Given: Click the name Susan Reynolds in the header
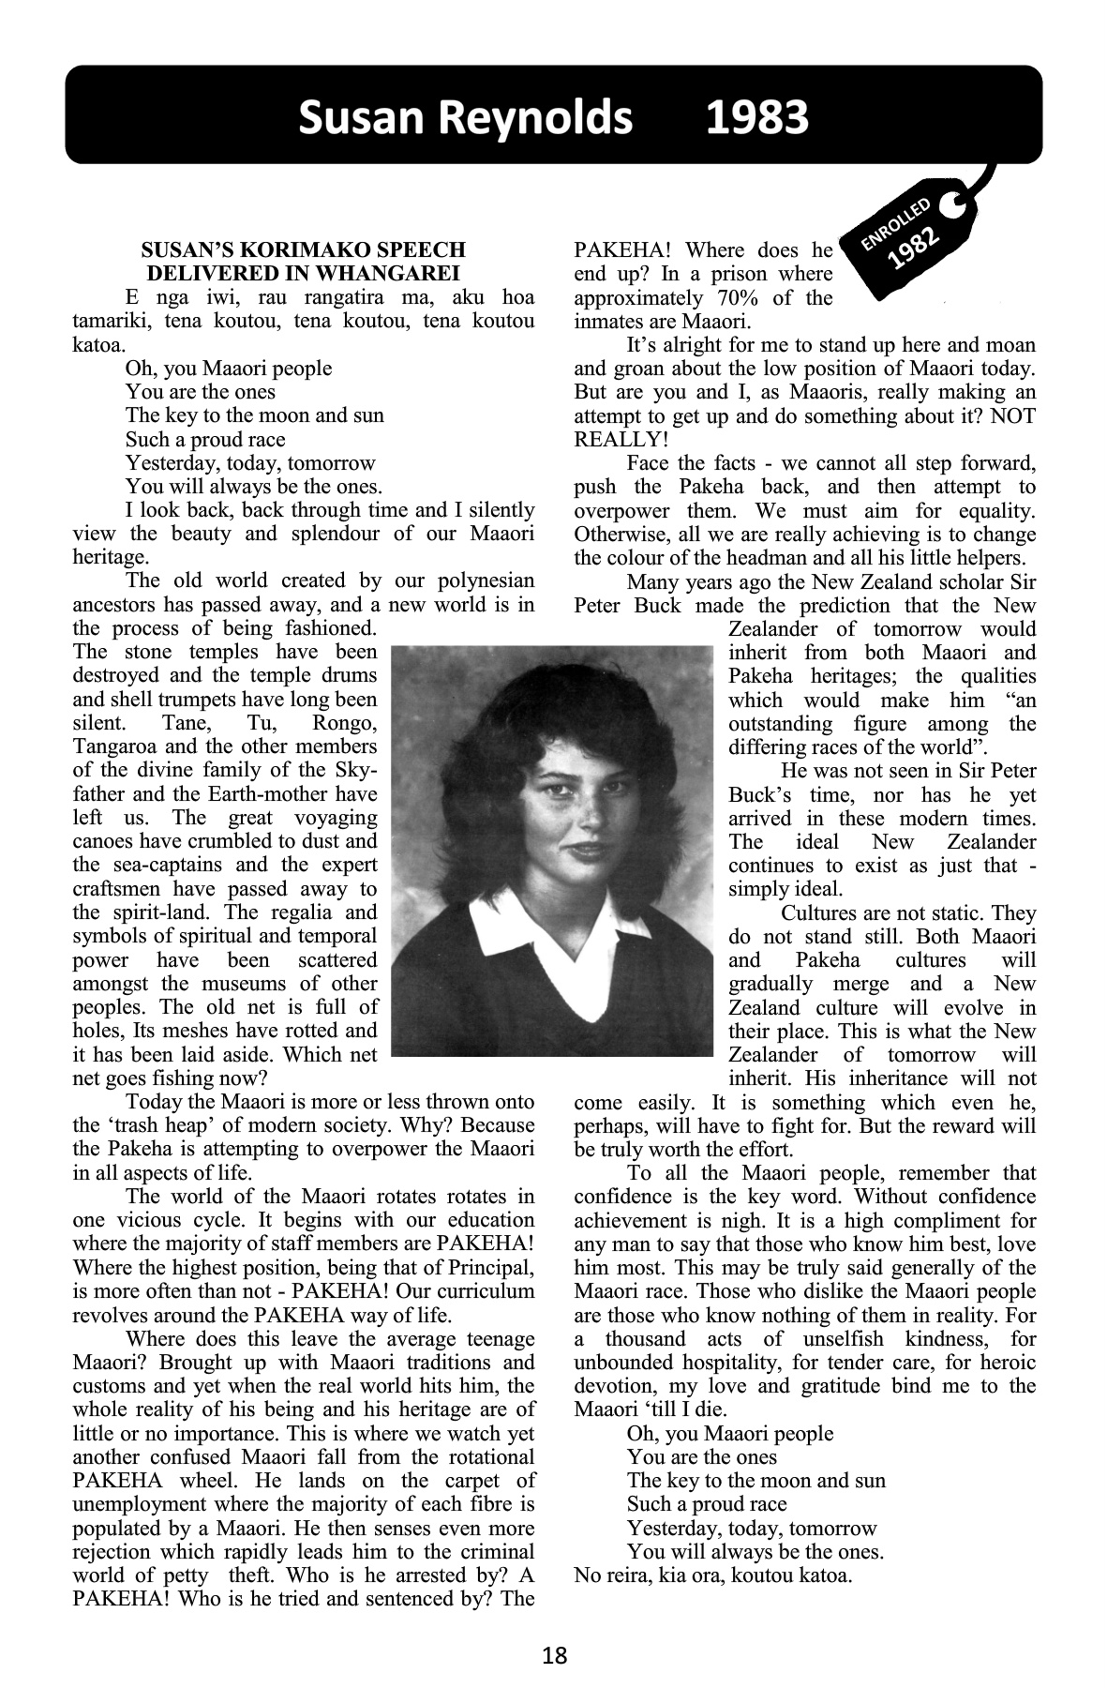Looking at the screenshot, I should pyautogui.click(x=466, y=118).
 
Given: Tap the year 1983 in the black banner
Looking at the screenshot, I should pyautogui.click(x=756, y=118).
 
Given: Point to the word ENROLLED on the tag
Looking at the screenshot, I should pyautogui.click(x=896, y=224).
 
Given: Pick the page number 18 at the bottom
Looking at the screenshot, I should pyautogui.click(x=554, y=1655).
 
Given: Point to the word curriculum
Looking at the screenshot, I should pyautogui.click(x=488, y=1291).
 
